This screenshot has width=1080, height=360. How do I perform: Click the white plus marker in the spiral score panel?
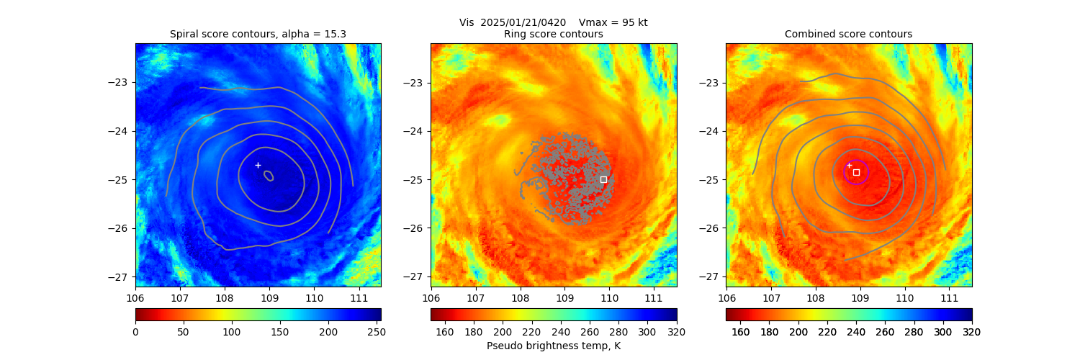[258, 165]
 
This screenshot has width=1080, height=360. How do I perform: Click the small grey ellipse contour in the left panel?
[269, 176]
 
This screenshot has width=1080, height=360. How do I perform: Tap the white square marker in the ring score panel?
[603, 179]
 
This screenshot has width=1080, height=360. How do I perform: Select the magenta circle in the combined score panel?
[856, 172]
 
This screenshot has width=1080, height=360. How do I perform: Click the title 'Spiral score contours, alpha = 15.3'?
[258, 34]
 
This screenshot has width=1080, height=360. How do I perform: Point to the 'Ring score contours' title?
[553, 34]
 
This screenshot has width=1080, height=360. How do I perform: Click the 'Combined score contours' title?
[848, 34]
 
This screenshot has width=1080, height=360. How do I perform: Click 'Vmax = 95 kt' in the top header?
[613, 22]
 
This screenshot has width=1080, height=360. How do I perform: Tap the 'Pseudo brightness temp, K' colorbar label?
[553, 346]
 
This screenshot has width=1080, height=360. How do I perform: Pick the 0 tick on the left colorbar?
[135, 332]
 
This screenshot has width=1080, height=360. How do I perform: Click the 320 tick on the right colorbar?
[972, 332]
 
